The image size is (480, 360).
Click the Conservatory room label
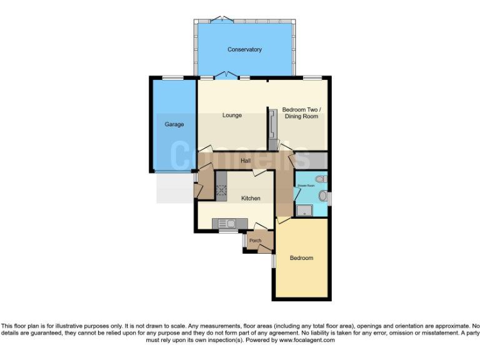[244, 49]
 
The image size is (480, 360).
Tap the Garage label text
[174, 124]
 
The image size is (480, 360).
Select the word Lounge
[232, 116]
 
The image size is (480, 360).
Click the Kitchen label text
[251, 199]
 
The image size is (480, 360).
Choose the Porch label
[255, 241]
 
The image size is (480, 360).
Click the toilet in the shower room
[320, 179]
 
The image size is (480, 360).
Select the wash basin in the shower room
[322, 197]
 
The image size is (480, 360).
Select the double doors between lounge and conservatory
[225, 77]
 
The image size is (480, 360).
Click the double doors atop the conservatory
[221, 19]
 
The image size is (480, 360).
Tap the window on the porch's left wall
[244, 240]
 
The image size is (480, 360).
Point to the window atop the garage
[173, 77]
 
